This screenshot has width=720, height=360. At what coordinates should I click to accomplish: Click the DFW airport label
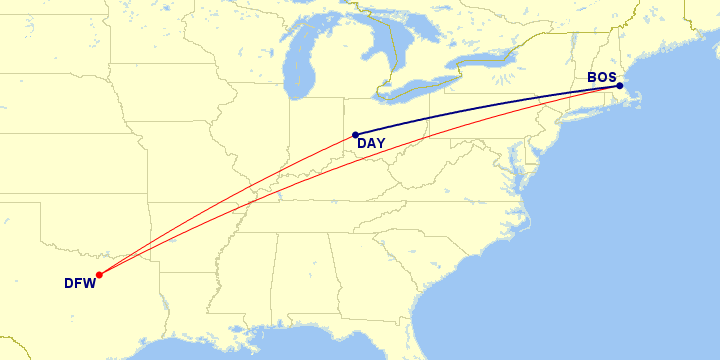(79, 283)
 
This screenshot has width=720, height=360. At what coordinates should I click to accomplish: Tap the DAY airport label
(371, 144)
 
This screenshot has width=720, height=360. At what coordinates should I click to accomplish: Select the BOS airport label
(602, 77)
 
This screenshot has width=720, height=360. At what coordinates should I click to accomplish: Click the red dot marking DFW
(99, 274)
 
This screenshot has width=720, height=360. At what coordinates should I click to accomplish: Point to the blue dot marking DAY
(355, 135)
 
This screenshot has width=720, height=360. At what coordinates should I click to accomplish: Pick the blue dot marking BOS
(620, 86)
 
